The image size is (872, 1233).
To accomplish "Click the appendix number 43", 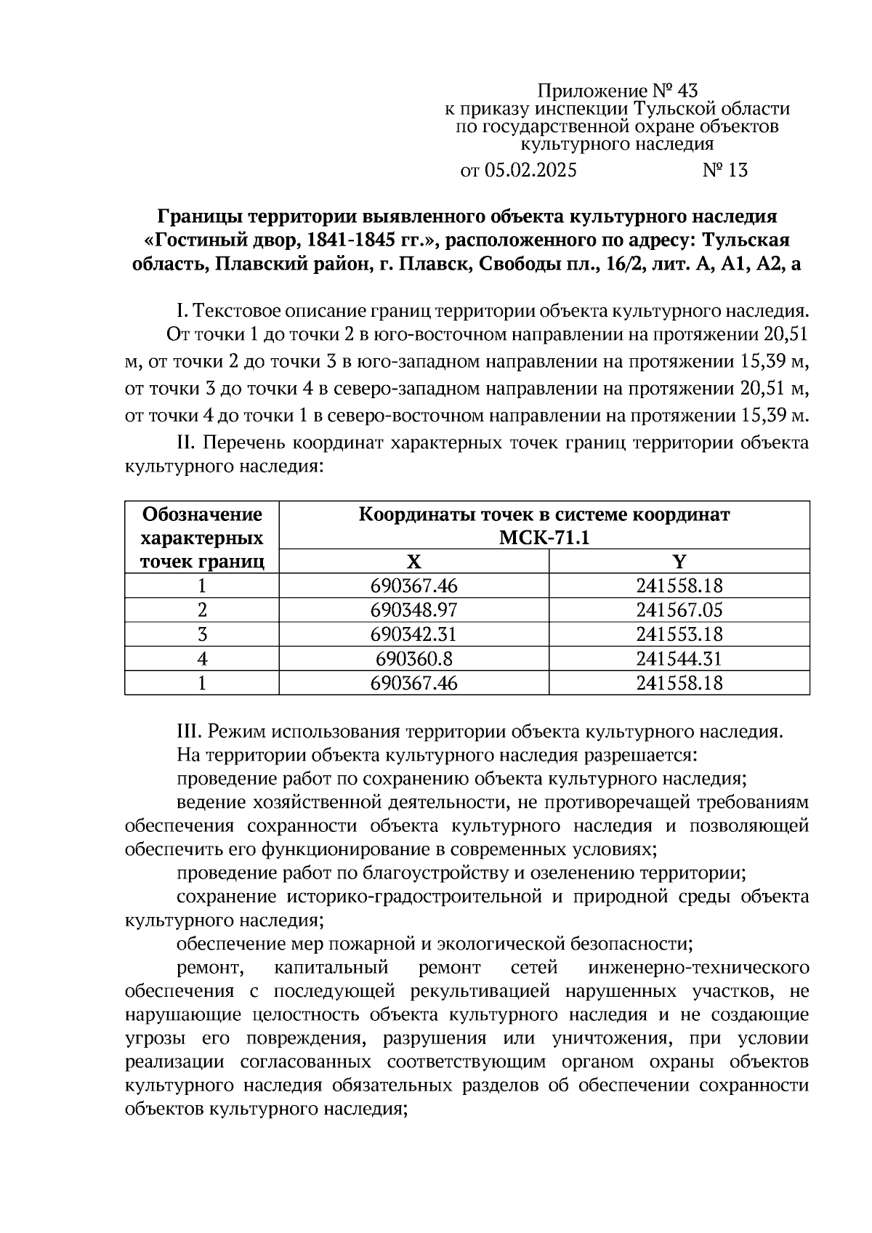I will point(687,91).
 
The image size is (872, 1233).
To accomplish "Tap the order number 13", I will point(736,171).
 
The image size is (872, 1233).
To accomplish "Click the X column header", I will point(413,562).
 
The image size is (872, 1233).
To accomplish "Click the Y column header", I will point(679,562).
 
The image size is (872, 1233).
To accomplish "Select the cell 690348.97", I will point(413,610).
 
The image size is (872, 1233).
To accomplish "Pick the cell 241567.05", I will point(679,610).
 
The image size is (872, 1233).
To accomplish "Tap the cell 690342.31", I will point(413,634).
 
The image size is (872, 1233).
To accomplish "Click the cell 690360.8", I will point(413,659).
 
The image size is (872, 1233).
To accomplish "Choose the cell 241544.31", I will point(679,659).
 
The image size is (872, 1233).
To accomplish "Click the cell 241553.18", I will point(679,634).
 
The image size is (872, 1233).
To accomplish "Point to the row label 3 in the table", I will point(202,634).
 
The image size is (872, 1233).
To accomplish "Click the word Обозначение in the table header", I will point(202,514).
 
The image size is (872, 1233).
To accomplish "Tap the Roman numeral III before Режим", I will point(190,731).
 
